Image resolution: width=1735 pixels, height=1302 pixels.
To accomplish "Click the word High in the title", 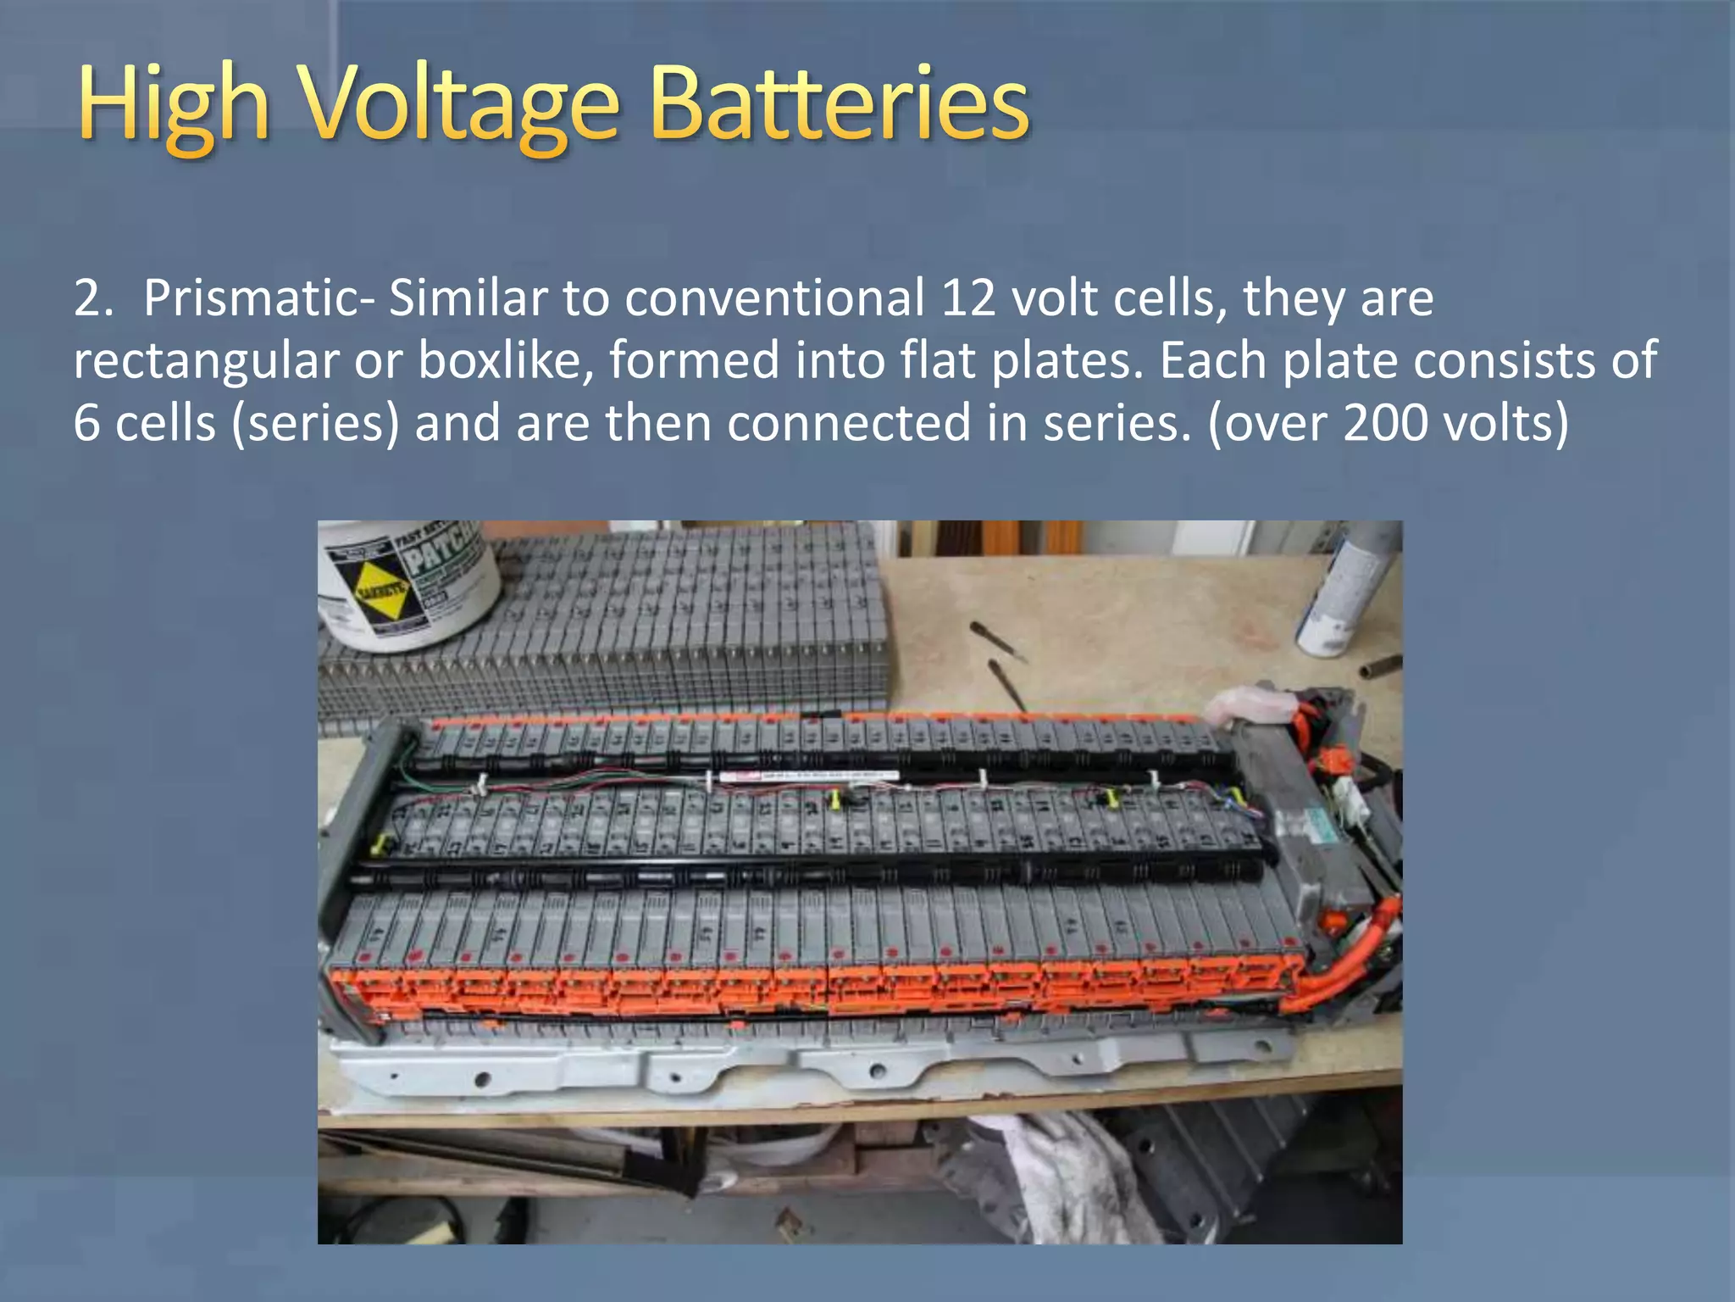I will (x=174, y=106).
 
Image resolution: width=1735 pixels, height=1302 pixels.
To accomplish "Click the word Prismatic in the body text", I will (x=249, y=298).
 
